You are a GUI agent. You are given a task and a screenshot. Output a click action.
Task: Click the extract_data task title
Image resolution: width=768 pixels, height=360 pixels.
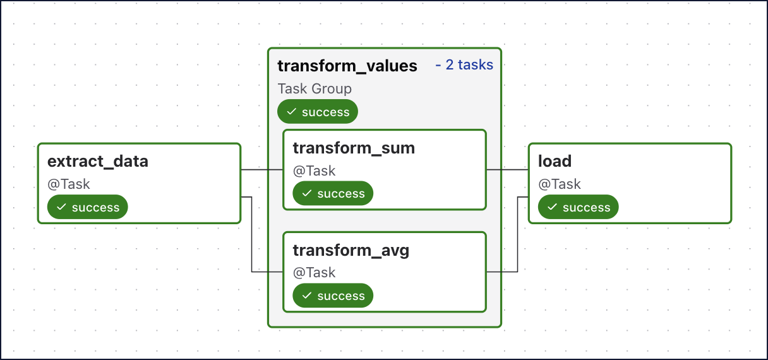click(x=98, y=161)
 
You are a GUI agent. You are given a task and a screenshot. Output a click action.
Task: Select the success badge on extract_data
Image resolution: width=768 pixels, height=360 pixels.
click(x=88, y=207)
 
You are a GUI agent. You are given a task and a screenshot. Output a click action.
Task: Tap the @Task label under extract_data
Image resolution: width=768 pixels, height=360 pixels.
click(x=69, y=184)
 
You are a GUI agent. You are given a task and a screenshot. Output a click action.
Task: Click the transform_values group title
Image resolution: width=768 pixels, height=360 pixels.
click(x=347, y=66)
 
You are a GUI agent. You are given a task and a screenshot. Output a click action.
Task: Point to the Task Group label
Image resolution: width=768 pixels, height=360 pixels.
click(x=315, y=89)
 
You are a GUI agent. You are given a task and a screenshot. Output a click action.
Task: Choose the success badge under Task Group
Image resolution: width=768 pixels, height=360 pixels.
click(x=318, y=112)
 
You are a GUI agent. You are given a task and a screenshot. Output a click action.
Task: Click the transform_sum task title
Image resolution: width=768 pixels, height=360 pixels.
click(x=354, y=148)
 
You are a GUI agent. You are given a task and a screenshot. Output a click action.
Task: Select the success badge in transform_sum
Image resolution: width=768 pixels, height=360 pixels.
click(x=333, y=194)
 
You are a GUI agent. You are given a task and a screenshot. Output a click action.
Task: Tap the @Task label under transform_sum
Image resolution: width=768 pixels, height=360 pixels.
click(x=314, y=171)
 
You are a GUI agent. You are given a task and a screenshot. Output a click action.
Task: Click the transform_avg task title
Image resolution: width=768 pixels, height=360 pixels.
click(x=351, y=250)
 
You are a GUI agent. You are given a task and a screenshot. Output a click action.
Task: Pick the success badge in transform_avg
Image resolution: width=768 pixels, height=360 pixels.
click(x=333, y=296)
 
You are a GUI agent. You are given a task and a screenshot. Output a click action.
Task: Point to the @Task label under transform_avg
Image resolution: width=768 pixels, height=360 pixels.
click(x=314, y=273)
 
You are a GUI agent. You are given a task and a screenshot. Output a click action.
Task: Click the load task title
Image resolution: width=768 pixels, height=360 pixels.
click(x=555, y=161)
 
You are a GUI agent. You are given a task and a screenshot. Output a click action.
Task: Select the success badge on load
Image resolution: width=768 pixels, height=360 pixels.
click(x=579, y=207)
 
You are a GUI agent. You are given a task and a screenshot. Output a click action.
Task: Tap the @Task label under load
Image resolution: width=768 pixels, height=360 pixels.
click(x=560, y=184)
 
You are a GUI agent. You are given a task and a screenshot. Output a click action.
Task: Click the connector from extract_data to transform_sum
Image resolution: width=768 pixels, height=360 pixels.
click(x=261, y=170)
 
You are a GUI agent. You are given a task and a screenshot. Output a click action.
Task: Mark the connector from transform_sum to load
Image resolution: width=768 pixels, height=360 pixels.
click(x=507, y=170)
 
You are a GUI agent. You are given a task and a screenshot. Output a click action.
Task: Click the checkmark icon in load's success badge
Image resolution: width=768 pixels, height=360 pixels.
click(x=552, y=207)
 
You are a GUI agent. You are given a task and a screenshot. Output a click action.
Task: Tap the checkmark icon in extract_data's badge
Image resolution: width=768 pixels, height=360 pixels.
click(x=61, y=207)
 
